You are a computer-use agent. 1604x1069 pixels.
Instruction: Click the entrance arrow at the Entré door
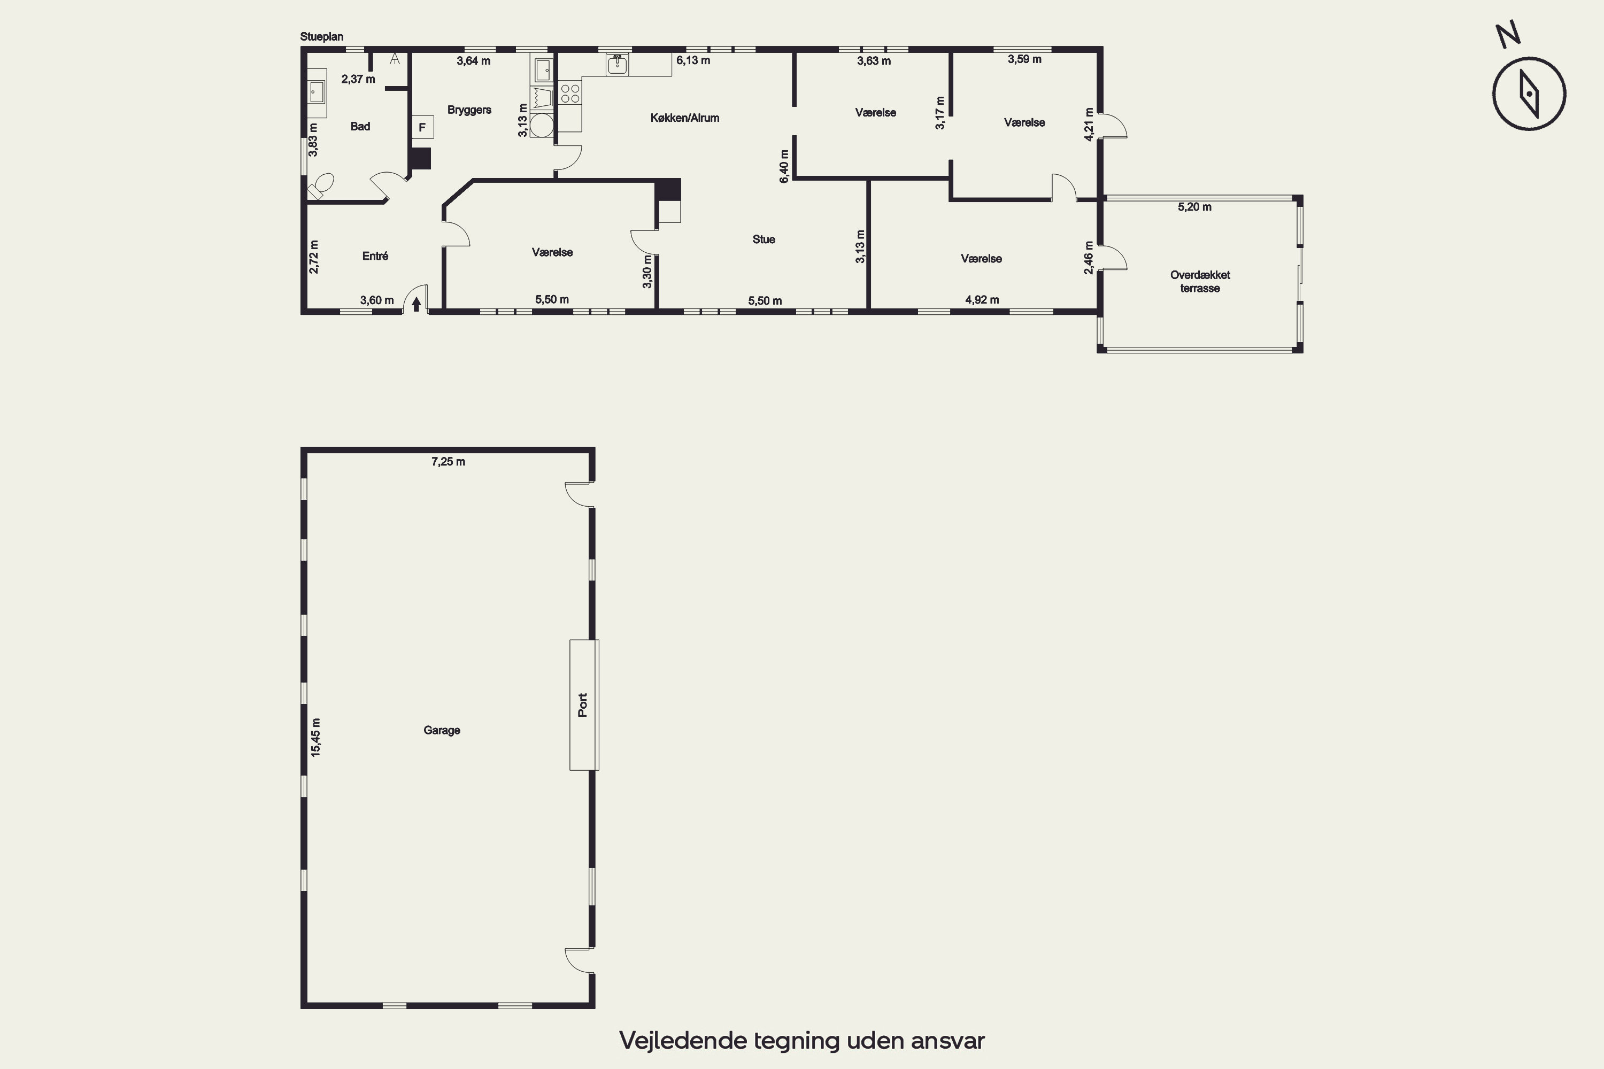click(x=416, y=304)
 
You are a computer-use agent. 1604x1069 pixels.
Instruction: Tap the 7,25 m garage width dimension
click(x=448, y=462)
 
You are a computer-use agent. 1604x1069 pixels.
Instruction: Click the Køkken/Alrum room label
click(x=685, y=118)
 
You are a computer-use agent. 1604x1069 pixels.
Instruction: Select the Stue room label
click(x=764, y=239)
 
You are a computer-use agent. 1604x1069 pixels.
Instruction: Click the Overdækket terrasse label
click(x=1200, y=282)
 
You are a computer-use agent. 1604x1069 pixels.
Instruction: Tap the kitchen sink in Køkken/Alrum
click(x=617, y=65)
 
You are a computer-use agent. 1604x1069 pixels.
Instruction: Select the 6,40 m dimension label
click(x=784, y=166)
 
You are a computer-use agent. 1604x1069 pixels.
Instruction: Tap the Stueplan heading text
click(x=322, y=37)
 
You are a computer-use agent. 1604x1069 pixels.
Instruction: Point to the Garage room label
click(x=442, y=730)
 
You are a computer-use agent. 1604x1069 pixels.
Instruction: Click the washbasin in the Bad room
click(x=317, y=92)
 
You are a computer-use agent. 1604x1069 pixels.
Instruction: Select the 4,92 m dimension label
click(x=982, y=299)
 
